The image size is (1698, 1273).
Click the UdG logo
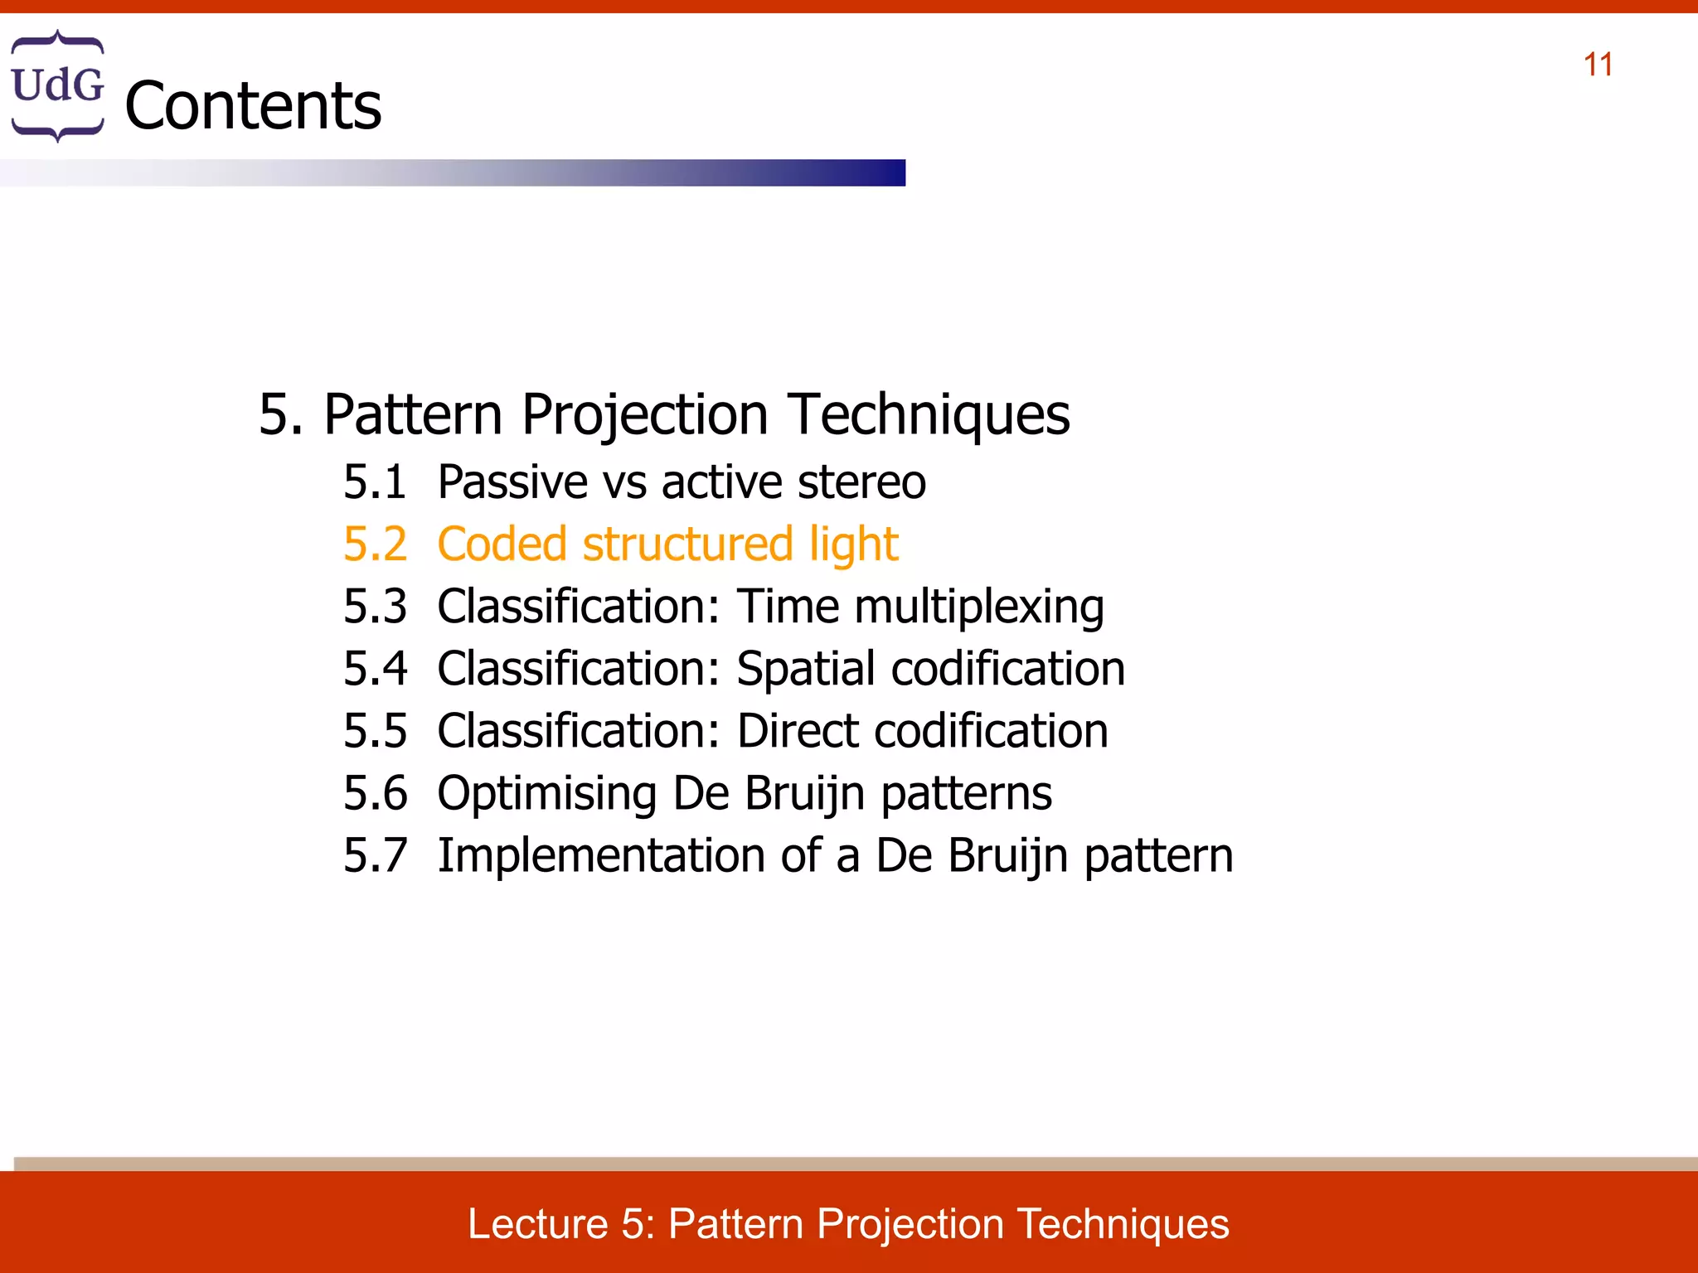57,85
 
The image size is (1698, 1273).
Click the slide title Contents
253,106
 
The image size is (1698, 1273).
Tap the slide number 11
1598,65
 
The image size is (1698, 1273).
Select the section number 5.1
375,482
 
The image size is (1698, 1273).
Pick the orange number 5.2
375,545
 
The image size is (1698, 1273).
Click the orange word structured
687,545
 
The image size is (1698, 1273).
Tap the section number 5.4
375,669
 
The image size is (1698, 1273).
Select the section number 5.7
375,856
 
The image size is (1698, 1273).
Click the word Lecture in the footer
537,1224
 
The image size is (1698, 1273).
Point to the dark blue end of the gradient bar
887,172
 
